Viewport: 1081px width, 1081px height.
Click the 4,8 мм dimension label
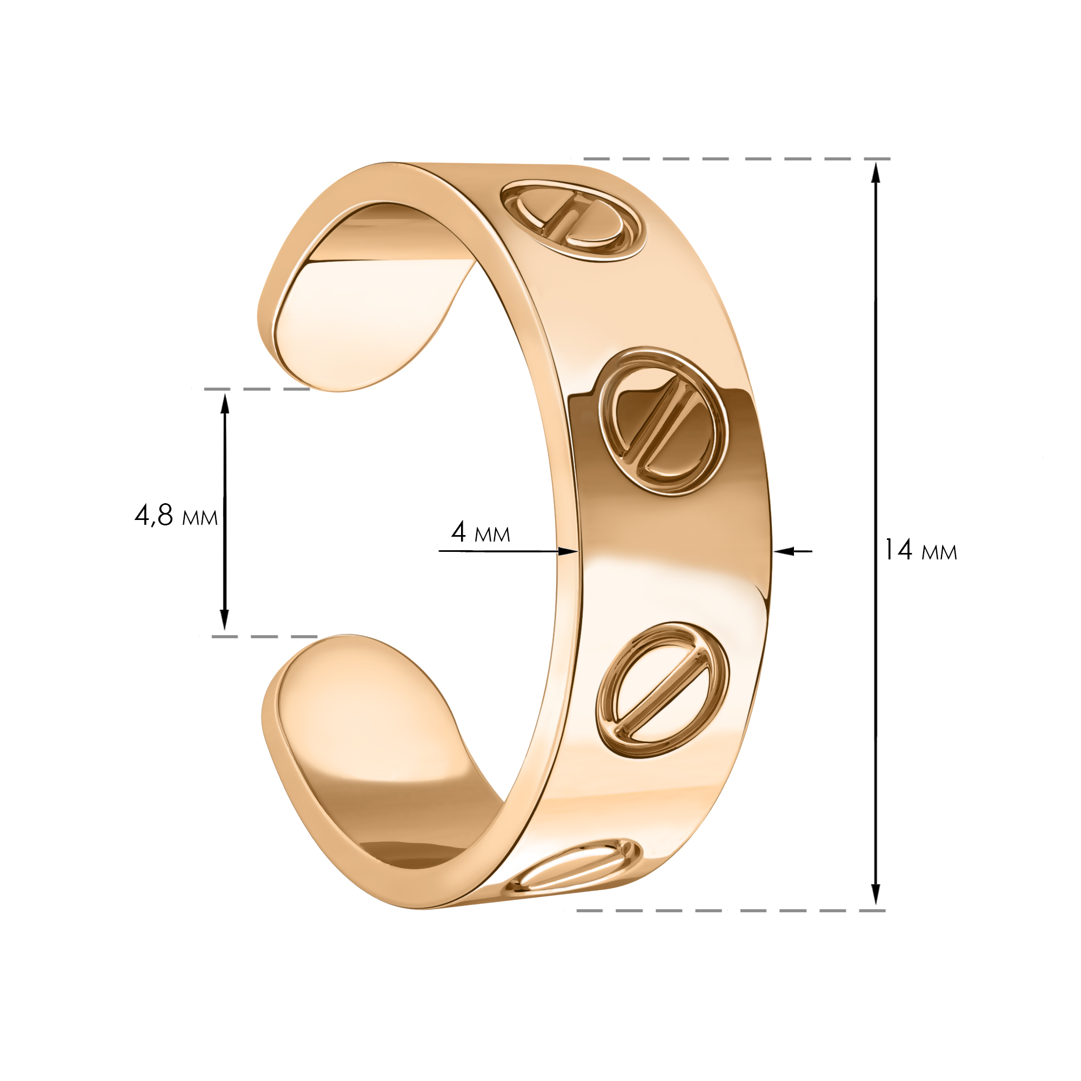(x=176, y=515)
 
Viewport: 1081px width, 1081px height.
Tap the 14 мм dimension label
(x=920, y=550)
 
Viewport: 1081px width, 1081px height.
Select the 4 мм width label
(x=481, y=532)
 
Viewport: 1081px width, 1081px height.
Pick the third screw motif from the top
(x=663, y=690)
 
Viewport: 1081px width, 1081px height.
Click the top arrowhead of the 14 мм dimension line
(x=876, y=172)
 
